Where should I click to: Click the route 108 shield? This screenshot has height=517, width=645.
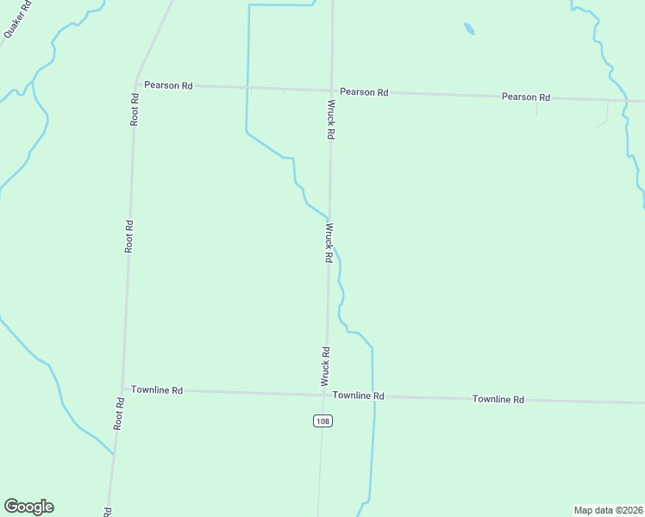(322, 420)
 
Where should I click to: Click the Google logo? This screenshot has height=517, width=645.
(28, 507)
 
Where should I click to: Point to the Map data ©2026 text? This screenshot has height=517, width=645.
(608, 510)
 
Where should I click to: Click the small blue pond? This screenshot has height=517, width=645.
(468, 29)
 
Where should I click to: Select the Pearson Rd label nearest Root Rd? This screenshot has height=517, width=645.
(168, 85)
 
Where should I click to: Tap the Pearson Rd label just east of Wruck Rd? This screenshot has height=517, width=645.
(363, 91)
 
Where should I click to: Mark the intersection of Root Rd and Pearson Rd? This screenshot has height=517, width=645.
(135, 84)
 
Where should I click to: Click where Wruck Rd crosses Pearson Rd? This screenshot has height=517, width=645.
(332, 90)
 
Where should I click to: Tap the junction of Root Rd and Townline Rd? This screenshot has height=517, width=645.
(122, 389)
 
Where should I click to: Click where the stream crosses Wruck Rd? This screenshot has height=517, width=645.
(329, 219)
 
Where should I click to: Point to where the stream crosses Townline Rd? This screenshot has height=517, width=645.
(373, 396)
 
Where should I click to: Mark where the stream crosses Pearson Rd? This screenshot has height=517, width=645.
(247, 88)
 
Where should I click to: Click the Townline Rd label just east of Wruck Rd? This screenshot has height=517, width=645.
(358, 396)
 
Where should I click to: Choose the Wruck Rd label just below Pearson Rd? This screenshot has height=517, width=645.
(330, 119)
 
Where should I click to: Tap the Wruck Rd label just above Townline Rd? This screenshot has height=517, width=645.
(326, 365)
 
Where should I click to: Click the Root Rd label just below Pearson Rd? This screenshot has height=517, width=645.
(135, 110)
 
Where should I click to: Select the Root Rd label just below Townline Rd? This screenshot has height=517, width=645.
(119, 414)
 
